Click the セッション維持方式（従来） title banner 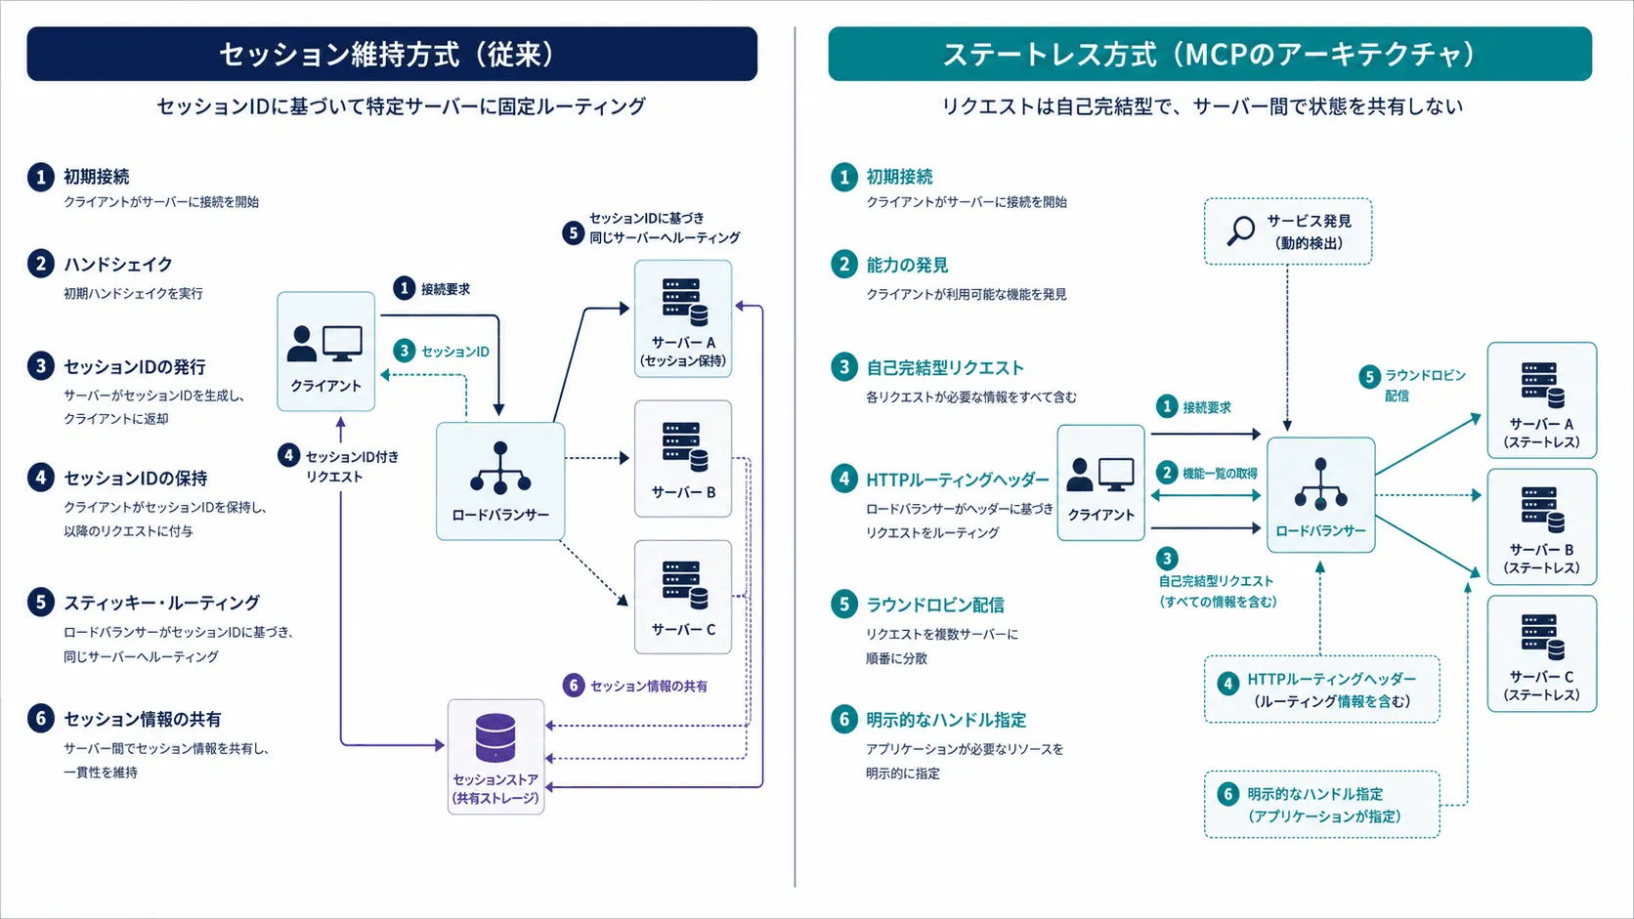click(392, 54)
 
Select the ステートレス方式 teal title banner click(1210, 54)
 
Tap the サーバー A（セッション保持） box click(683, 318)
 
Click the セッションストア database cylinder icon click(495, 737)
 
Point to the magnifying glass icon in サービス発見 click(1240, 230)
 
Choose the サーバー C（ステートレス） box click(1541, 653)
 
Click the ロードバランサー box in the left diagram click(500, 481)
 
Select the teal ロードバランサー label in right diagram click(1320, 530)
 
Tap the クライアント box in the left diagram click(326, 352)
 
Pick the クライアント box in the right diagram click(1100, 482)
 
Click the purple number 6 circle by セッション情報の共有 click(574, 685)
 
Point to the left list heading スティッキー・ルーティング click(161, 603)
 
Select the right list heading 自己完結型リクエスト click(945, 367)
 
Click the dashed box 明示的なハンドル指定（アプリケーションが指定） click(1322, 805)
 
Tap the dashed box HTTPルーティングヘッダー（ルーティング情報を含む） click(1322, 689)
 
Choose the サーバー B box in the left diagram click(683, 458)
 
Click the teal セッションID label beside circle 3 click(455, 352)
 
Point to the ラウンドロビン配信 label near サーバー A click(1425, 385)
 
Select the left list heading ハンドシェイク click(117, 264)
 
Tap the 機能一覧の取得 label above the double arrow click(1220, 474)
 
